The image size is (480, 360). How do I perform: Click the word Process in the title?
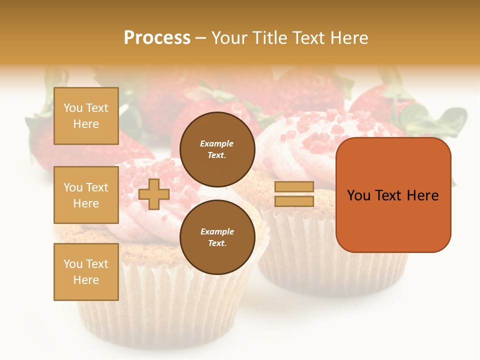coord(157,38)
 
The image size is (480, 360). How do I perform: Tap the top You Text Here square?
coord(86,116)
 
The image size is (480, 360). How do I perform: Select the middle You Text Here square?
coord(86,195)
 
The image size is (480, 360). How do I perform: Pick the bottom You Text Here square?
coord(86,272)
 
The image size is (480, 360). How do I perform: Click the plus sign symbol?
coord(154,194)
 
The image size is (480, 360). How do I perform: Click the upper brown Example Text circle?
coord(217,149)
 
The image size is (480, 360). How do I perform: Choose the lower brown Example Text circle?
coord(217,237)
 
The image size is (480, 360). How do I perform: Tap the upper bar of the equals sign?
coord(294,186)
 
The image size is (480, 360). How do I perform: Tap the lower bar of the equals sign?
coord(294,201)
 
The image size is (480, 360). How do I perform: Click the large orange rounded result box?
coord(393,220)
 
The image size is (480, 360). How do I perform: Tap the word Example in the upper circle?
coord(217,143)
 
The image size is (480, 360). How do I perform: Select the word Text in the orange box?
coord(388,195)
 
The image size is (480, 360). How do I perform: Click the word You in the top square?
coord(73,108)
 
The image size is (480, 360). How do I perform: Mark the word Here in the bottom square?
coord(86,280)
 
